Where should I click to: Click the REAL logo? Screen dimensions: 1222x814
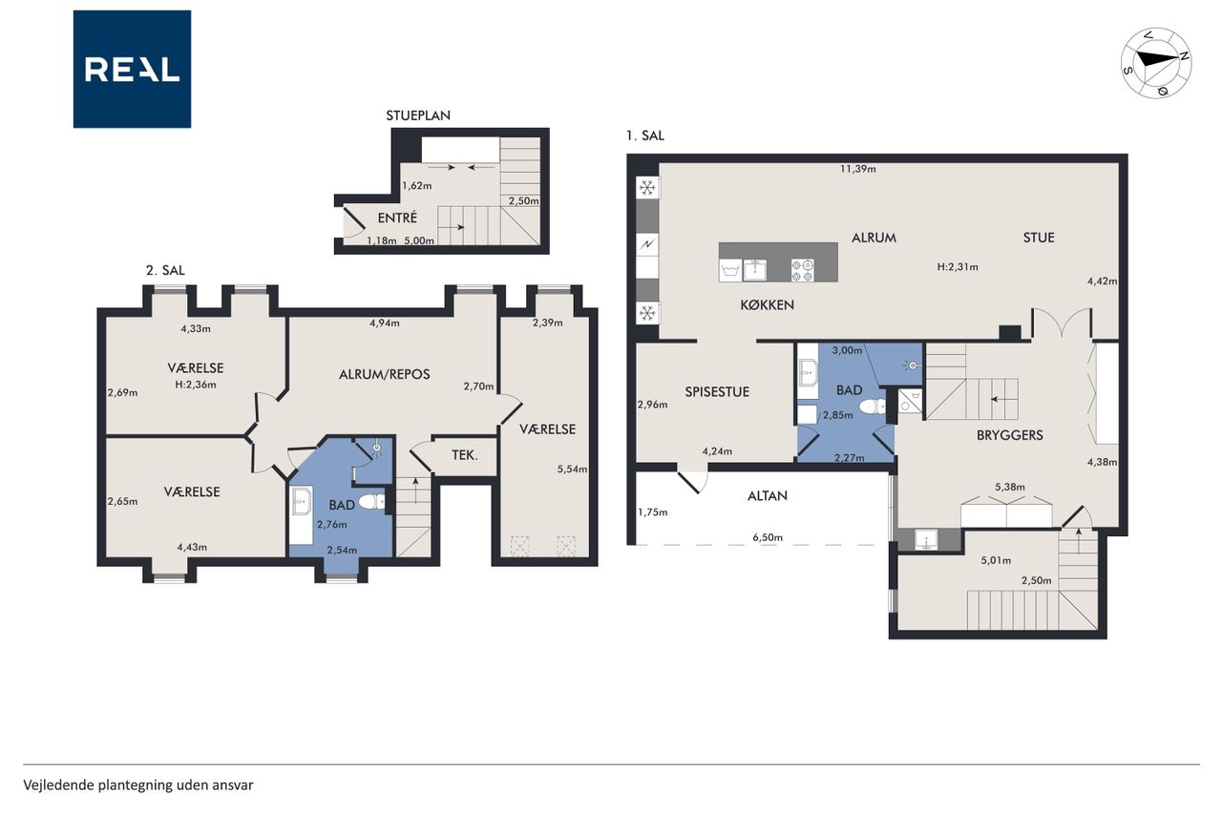click(132, 70)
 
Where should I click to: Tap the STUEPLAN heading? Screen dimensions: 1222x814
click(418, 115)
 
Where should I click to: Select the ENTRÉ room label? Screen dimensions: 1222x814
click(397, 219)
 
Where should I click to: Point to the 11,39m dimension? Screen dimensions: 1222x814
click(857, 169)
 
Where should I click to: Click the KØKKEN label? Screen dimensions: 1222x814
click(767, 304)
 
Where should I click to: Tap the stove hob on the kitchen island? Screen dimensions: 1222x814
click(803, 270)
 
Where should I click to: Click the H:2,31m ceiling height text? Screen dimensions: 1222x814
click(958, 267)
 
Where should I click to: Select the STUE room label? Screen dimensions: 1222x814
click(1039, 238)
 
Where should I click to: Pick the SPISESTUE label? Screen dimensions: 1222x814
click(717, 392)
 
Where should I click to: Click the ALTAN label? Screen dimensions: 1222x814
click(767, 496)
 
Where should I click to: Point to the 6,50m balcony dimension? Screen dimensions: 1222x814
click(768, 537)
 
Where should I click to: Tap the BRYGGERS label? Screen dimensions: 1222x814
click(1009, 435)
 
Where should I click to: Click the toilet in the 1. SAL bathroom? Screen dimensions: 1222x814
click(873, 407)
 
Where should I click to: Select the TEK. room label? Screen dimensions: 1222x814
click(465, 454)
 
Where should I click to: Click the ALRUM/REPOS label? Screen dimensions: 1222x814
click(384, 375)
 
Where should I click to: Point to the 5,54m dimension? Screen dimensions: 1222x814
click(572, 469)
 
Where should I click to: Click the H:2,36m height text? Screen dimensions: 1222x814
click(196, 385)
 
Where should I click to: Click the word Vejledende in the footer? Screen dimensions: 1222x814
click(58, 785)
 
